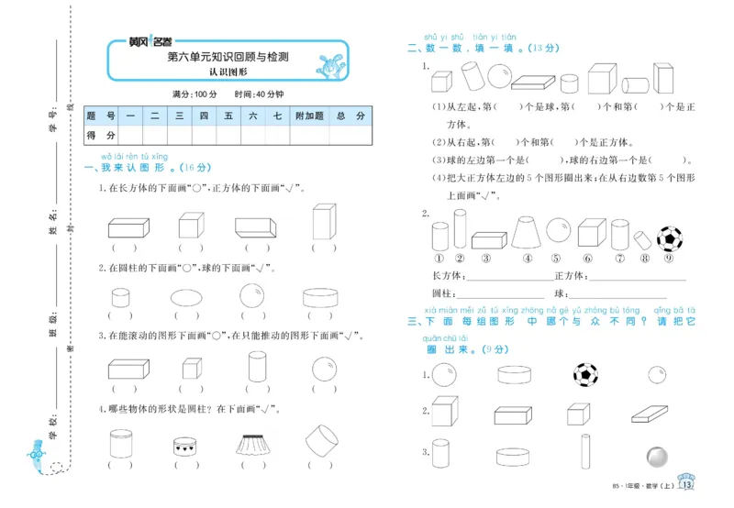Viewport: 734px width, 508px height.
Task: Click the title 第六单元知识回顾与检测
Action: point(228,57)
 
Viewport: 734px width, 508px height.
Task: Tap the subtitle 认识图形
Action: point(228,72)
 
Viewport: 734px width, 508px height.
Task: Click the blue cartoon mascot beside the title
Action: point(328,65)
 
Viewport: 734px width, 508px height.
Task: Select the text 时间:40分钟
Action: point(259,94)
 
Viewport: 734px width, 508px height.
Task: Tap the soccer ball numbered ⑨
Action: point(670,238)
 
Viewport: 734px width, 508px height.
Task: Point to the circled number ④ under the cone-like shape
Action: point(528,258)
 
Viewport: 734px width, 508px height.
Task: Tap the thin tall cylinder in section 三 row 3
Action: point(584,450)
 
